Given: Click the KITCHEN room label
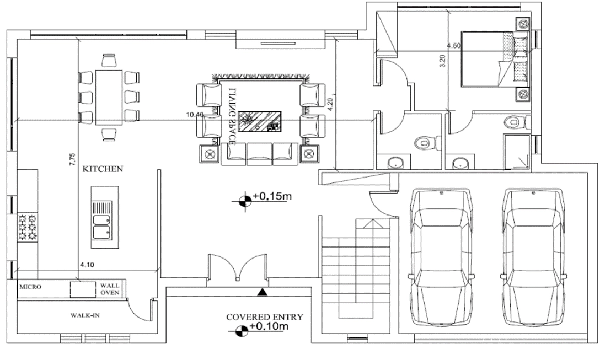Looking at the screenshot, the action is click(103, 169).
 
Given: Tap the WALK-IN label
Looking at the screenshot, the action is click(85, 315).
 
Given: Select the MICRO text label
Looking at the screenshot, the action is click(30, 287).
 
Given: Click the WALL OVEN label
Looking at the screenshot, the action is click(110, 289).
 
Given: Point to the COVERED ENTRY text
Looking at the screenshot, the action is click(264, 317).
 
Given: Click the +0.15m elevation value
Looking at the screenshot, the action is click(272, 196).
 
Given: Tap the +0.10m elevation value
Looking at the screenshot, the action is click(269, 326).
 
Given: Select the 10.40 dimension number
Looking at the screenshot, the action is click(195, 115).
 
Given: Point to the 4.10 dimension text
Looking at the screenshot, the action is click(87, 265).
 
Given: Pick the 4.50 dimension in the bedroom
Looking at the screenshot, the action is click(454, 46).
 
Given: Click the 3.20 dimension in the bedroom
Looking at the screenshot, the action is click(442, 61).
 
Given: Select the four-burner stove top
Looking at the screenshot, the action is click(27, 227).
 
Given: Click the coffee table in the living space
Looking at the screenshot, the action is click(260, 122).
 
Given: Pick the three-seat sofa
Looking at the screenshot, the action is click(259, 154).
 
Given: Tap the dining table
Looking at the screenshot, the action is click(109, 98).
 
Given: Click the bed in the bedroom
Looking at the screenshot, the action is click(495, 59).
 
